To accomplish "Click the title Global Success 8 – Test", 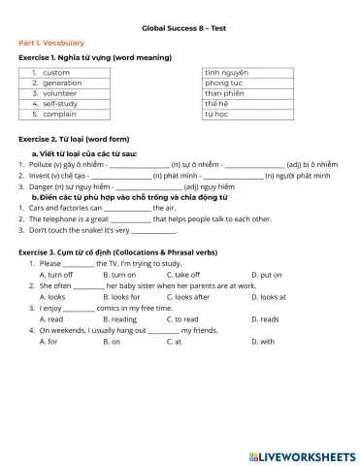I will coord(180,30).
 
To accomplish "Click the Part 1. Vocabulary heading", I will coord(51,44).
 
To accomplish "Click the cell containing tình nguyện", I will coord(227,73).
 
